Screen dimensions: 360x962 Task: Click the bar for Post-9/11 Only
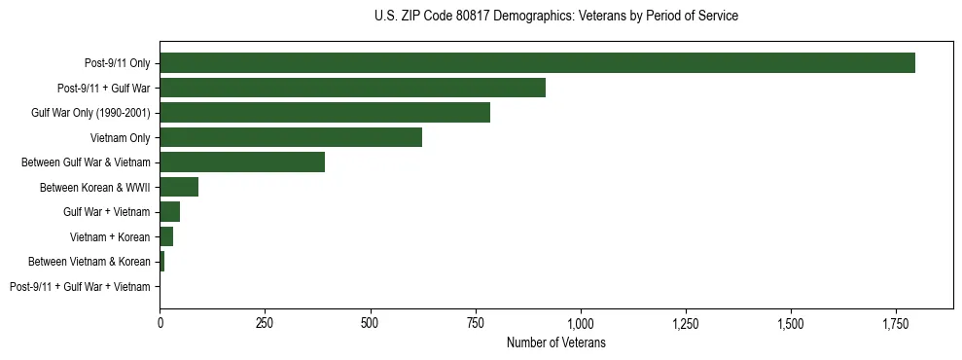[537, 63]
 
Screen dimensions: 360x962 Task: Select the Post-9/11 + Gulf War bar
[352, 88]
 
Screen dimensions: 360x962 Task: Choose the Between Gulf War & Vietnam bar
[242, 162]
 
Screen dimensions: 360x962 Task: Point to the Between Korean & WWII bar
[179, 187]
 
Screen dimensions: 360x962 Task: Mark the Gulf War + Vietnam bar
[170, 212]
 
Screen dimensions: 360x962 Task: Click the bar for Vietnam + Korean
[166, 236]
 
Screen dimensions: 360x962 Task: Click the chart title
[555, 17]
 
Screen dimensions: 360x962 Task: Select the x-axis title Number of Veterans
[555, 342]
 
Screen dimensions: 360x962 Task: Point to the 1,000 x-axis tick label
[581, 322]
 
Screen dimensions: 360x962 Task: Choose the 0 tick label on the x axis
[160, 322]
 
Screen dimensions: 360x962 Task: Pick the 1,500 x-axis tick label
[791, 322]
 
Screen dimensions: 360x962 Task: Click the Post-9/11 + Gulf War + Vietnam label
[80, 287]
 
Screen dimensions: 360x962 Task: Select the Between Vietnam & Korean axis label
[89, 262]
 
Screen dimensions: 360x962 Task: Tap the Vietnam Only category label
[121, 138]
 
